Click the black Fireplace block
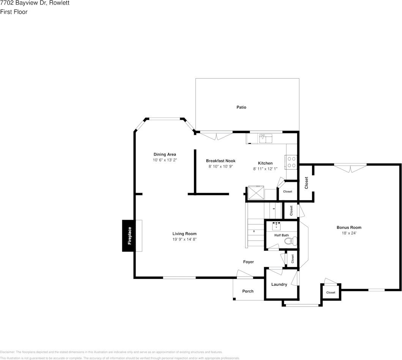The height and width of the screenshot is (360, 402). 128,236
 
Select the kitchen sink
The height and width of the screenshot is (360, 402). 265,138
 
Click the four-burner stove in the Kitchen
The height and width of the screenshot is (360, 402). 291,162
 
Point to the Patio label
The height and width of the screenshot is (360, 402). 241,107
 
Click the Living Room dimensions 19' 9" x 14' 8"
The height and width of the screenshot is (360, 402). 184,239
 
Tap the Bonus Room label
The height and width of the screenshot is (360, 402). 349,227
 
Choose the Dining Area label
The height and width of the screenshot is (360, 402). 165,154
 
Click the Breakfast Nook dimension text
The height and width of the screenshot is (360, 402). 221,166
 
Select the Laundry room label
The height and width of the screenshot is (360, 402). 279,284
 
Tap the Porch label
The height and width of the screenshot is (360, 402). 248,291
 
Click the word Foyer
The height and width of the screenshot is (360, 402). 248,262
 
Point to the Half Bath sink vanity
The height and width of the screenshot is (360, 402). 276,226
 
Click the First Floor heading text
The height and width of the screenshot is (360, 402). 14,12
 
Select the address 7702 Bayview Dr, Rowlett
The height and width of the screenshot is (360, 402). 35,3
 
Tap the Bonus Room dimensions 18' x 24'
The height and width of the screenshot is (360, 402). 349,233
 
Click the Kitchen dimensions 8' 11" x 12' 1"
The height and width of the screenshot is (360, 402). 265,168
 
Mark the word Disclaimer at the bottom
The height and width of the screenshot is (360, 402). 8,352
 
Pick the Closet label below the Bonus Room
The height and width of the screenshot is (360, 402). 331,292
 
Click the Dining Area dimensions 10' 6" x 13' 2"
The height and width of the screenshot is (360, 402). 165,160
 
